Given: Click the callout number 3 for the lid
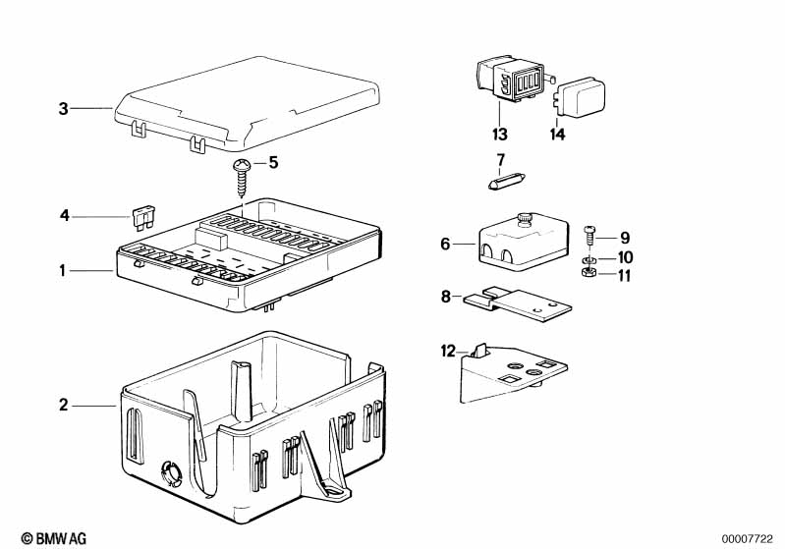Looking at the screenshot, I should tap(64, 109).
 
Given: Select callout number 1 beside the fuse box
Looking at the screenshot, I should tap(64, 269).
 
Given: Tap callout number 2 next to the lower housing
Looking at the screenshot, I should tap(64, 405).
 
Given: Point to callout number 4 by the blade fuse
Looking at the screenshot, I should tap(64, 214).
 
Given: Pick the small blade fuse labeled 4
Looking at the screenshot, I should tap(141, 214).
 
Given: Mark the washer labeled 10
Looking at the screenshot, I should tap(588, 259).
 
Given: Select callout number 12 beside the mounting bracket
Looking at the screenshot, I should tap(448, 350).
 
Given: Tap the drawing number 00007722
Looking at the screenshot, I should tap(748, 539).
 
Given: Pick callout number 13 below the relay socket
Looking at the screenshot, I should tap(499, 135).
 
